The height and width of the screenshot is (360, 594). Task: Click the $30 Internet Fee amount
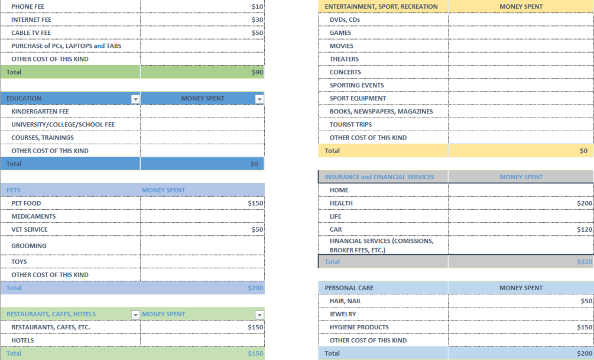(x=257, y=20)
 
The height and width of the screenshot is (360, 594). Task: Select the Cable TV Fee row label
(x=31, y=33)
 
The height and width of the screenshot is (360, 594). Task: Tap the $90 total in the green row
(x=257, y=72)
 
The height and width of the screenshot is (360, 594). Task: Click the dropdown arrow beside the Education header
(x=135, y=99)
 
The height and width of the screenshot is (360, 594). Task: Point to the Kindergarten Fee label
(x=40, y=111)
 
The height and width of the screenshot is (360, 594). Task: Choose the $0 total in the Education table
(x=254, y=164)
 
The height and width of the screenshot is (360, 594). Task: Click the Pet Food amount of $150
(x=255, y=203)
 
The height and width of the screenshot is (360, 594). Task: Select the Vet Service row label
(x=30, y=229)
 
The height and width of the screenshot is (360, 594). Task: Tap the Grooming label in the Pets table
(x=28, y=245)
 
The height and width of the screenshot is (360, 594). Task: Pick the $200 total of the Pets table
(x=255, y=288)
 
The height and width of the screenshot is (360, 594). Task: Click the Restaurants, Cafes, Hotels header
(x=51, y=314)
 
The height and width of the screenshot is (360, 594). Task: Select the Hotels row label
(x=22, y=340)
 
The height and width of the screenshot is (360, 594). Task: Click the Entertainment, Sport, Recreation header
(x=381, y=7)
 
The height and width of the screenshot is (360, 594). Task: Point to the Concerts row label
(x=345, y=72)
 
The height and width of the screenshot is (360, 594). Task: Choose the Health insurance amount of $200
(x=585, y=203)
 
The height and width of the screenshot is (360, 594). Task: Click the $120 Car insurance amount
(x=585, y=229)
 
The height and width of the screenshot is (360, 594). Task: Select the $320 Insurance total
(x=585, y=261)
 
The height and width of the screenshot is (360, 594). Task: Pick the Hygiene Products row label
(x=359, y=327)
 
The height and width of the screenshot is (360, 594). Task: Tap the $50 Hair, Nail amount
(x=586, y=301)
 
